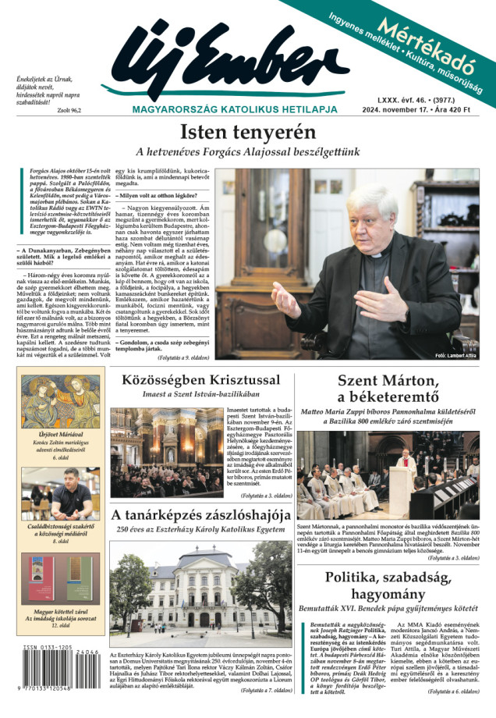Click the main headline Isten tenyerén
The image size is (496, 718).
coord(248,133)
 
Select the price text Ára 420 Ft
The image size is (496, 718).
coord(457,110)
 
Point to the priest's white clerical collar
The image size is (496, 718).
coord(376,255)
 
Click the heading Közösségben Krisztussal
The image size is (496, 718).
coord(200,380)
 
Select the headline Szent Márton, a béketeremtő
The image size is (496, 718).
coord(388,392)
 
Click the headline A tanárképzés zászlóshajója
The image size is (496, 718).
coord(200,516)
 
